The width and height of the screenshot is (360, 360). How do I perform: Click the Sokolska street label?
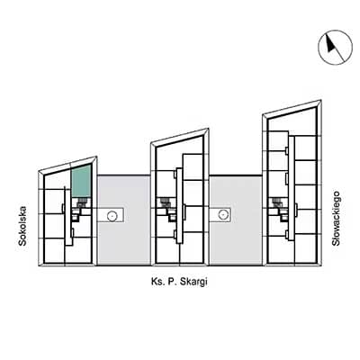click(22, 226)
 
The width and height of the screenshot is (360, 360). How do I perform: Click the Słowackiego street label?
click(336, 219)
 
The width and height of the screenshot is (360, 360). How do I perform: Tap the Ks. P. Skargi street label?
click(179, 283)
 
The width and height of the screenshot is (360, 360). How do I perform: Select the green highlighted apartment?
click(81, 181)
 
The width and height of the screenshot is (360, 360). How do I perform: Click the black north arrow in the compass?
click(330, 44)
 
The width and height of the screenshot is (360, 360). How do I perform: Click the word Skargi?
click(193, 283)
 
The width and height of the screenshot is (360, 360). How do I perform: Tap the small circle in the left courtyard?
click(112, 215)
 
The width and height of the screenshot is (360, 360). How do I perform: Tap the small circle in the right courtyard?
click(222, 214)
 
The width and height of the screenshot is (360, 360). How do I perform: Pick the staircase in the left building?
click(80, 203)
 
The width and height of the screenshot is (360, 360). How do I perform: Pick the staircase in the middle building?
click(164, 202)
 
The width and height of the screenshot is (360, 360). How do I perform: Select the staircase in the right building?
click(276, 202)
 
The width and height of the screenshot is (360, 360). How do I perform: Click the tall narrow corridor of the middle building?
click(179, 206)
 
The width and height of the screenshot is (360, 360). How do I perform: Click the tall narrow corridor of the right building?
click(292, 188)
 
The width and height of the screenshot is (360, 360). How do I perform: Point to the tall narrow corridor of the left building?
click(68, 216)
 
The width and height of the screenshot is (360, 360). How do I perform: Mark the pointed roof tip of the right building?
click(321, 101)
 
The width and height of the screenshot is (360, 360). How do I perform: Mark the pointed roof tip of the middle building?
click(209, 129)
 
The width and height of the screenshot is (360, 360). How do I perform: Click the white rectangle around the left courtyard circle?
click(111, 215)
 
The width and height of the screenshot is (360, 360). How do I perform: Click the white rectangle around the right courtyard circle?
click(220, 215)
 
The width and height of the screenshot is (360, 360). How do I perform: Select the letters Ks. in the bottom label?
click(157, 283)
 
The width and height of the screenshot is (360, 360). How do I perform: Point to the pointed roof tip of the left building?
click(96, 157)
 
